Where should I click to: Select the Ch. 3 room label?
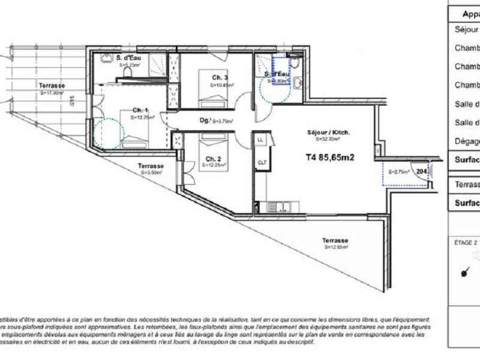coord(220,78)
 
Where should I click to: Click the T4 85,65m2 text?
coord(328,158)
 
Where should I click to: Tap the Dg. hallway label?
coord(205,120)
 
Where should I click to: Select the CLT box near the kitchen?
coord(262,162)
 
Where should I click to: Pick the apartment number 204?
coord(422,171)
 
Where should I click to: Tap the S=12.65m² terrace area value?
coord(336,247)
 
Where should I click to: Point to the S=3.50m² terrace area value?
coord(151,172)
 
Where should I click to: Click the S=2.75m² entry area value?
coord(398,172)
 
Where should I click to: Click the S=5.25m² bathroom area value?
coord(129,64)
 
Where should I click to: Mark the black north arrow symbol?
coord(464,274)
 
